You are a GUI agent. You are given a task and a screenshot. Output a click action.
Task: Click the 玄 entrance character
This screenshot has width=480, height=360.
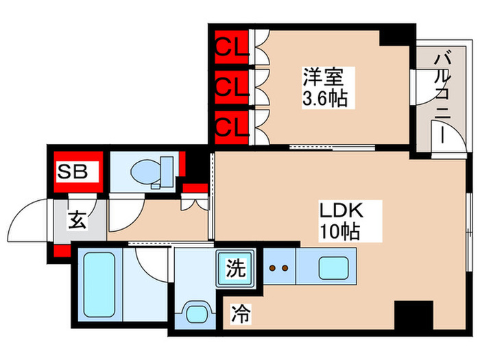click(x=76, y=221)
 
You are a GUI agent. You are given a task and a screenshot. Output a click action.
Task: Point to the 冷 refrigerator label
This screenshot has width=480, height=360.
click(x=240, y=316)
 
